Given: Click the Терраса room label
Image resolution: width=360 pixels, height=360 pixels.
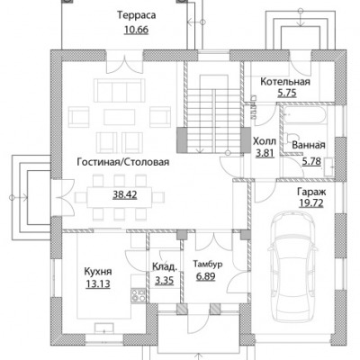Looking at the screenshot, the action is (x=137, y=15).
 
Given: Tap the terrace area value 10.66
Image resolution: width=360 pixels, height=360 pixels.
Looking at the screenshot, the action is (x=136, y=30).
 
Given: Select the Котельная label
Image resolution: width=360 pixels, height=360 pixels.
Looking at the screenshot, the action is (x=285, y=82).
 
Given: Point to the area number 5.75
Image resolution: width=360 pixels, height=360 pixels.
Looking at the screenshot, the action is (x=287, y=93).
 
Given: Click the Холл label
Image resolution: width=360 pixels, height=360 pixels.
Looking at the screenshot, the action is (x=265, y=141).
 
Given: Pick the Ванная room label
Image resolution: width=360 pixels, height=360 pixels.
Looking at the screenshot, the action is (x=309, y=145).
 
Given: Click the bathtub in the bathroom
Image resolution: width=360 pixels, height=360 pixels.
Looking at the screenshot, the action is (x=304, y=115).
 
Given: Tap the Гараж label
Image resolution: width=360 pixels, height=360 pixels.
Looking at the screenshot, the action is (x=311, y=192).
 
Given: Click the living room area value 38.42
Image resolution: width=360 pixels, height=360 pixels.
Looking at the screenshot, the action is (x=125, y=195).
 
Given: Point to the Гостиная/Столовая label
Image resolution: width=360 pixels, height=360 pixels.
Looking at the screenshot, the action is (x=123, y=162).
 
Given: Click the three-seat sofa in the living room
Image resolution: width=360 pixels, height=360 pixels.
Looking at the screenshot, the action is (x=120, y=90).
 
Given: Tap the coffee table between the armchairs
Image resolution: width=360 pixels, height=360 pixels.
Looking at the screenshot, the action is (x=120, y=117).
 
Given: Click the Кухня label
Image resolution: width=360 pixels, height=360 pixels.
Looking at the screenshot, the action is (x=98, y=272).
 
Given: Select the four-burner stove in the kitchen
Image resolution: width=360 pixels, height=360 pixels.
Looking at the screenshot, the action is (x=139, y=294).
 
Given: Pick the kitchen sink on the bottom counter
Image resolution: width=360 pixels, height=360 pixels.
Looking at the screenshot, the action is (x=104, y=328).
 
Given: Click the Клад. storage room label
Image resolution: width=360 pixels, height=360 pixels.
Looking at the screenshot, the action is (x=164, y=266).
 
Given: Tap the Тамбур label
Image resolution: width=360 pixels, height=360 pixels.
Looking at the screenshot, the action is (x=208, y=265).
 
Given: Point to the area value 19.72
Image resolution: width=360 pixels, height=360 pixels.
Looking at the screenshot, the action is (x=311, y=203).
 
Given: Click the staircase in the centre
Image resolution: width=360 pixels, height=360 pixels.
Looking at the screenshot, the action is (x=213, y=114).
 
